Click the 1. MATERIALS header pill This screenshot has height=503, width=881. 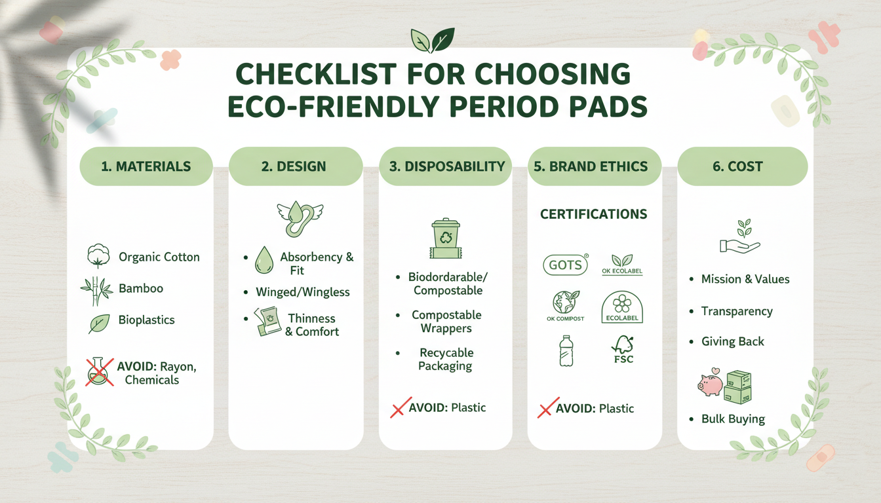pyautogui.click(x=146, y=166)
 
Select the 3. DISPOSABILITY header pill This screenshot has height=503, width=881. pyautogui.click(x=446, y=166)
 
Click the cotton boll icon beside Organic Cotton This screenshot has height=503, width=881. pyautogui.click(x=98, y=256)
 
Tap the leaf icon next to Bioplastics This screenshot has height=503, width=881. pyautogui.click(x=99, y=323)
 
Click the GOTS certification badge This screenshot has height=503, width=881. pyautogui.click(x=566, y=265)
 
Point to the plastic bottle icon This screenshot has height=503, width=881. pyautogui.click(x=565, y=350)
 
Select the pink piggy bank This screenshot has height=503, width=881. pyautogui.click(x=711, y=384)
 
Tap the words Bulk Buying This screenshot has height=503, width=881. pyautogui.click(x=733, y=419)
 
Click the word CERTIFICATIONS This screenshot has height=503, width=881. pyautogui.click(x=593, y=214)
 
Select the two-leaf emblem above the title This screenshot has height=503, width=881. pyautogui.click(x=432, y=39)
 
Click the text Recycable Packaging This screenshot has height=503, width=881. pyautogui.click(x=446, y=360)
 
